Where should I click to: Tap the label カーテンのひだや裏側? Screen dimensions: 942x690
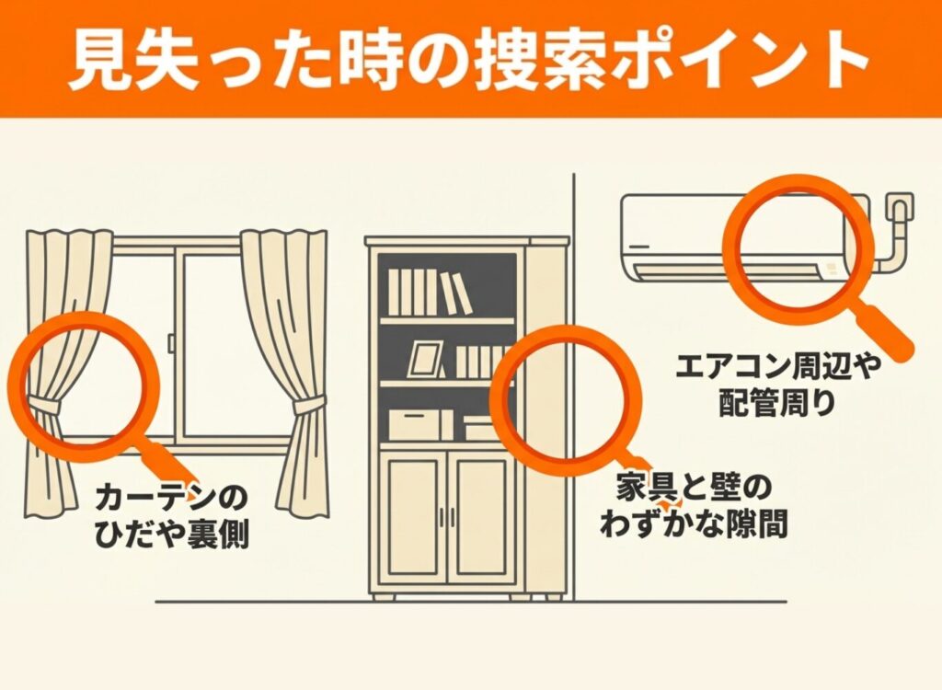[172, 516]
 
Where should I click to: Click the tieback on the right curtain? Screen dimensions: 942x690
[309, 407]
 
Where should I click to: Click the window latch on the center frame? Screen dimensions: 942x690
[171, 342]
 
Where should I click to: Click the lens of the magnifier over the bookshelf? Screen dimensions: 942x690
[566, 399]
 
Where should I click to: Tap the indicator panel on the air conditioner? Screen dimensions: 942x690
[833, 268]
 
